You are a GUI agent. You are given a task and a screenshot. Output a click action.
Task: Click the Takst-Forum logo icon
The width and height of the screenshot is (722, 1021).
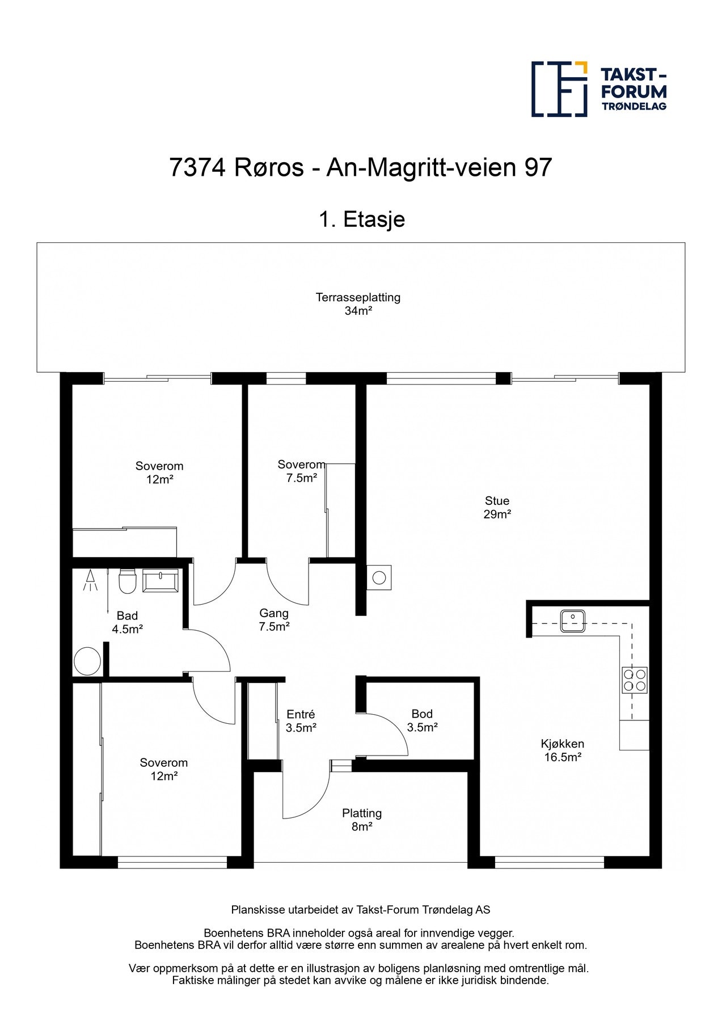(559, 89)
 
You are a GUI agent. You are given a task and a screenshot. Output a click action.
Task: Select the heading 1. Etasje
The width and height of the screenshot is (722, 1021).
(361, 219)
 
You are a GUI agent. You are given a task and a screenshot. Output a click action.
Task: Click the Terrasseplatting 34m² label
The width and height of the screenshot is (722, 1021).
(358, 304)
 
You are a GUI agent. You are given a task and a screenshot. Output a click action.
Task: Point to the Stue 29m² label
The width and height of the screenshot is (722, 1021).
(497, 508)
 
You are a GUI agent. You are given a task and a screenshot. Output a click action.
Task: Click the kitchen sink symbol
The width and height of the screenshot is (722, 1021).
(573, 621)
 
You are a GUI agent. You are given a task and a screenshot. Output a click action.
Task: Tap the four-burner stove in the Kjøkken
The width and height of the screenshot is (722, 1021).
(635, 680)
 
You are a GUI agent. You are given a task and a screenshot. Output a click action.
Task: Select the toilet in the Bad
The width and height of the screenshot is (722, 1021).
(127, 581)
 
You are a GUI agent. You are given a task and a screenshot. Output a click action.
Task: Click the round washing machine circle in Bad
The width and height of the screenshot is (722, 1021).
(87, 661)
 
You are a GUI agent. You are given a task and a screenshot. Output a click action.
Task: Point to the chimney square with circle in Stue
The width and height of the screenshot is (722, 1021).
(379, 578)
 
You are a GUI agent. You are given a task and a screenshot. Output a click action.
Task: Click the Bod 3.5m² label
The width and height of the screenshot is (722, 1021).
(422, 720)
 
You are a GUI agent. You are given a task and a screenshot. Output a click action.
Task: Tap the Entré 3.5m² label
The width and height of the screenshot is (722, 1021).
(301, 721)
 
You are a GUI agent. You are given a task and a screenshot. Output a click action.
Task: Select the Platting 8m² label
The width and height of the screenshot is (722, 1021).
(362, 820)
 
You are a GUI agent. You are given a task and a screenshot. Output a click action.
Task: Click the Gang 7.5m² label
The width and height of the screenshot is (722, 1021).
(274, 620)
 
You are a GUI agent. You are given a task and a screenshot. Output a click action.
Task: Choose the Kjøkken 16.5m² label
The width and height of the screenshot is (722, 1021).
(562, 750)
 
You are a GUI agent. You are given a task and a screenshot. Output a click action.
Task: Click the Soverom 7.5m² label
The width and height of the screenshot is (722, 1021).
(301, 471)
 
